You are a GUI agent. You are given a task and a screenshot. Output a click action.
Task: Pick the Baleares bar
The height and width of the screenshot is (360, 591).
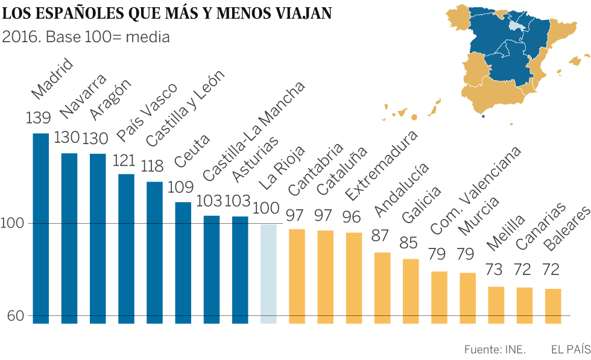pos(553,306)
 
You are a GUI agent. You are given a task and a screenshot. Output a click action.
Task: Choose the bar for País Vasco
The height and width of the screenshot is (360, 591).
pos(126,248)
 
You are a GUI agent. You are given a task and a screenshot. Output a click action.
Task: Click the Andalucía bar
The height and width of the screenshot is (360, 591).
pos(382,288)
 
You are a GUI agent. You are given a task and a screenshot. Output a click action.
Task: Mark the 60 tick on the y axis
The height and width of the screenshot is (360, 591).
pos(16,315)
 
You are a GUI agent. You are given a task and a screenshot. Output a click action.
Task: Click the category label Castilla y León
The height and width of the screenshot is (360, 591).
pos(185,109)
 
